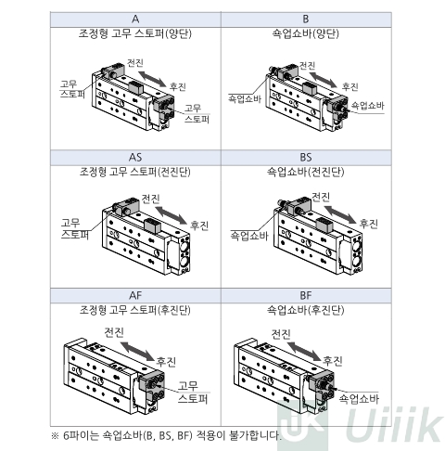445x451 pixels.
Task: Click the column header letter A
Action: (x=135, y=19)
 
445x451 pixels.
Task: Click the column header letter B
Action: (x=306, y=19)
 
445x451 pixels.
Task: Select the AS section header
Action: (x=135, y=158)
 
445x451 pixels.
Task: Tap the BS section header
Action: (x=306, y=158)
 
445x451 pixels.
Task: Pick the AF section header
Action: (x=135, y=296)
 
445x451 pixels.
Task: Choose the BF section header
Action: (x=306, y=296)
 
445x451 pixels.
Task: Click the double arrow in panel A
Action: (x=152, y=79)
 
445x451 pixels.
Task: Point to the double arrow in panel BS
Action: (x=341, y=213)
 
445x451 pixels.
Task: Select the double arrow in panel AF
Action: (x=137, y=351)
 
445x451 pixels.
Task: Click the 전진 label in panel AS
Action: (x=150, y=199)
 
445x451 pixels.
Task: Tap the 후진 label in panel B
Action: (x=350, y=86)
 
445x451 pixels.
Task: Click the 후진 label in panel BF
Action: (x=333, y=361)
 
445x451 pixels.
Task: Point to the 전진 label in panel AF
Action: (x=114, y=332)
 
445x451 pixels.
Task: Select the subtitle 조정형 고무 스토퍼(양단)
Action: (x=135, y=33)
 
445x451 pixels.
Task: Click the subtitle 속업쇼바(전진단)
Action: (x=306, y=172)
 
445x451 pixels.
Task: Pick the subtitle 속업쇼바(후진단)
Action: (x=306, y=310)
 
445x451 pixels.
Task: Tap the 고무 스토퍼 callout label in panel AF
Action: (x=193, y=393)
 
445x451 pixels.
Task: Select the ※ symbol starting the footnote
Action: (x=55, y=436)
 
